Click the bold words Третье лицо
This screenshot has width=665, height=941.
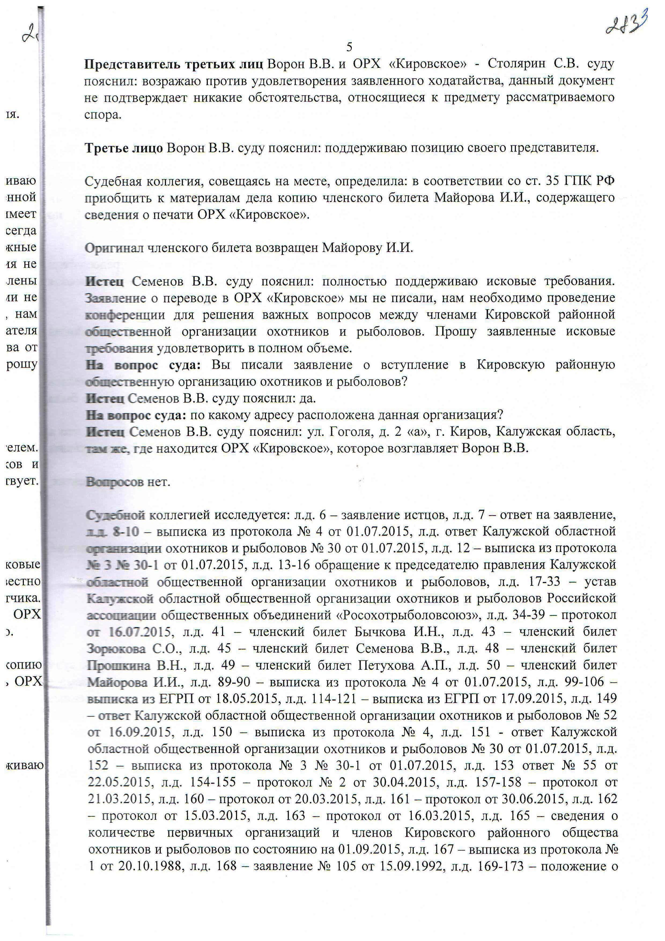pos(124,148)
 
